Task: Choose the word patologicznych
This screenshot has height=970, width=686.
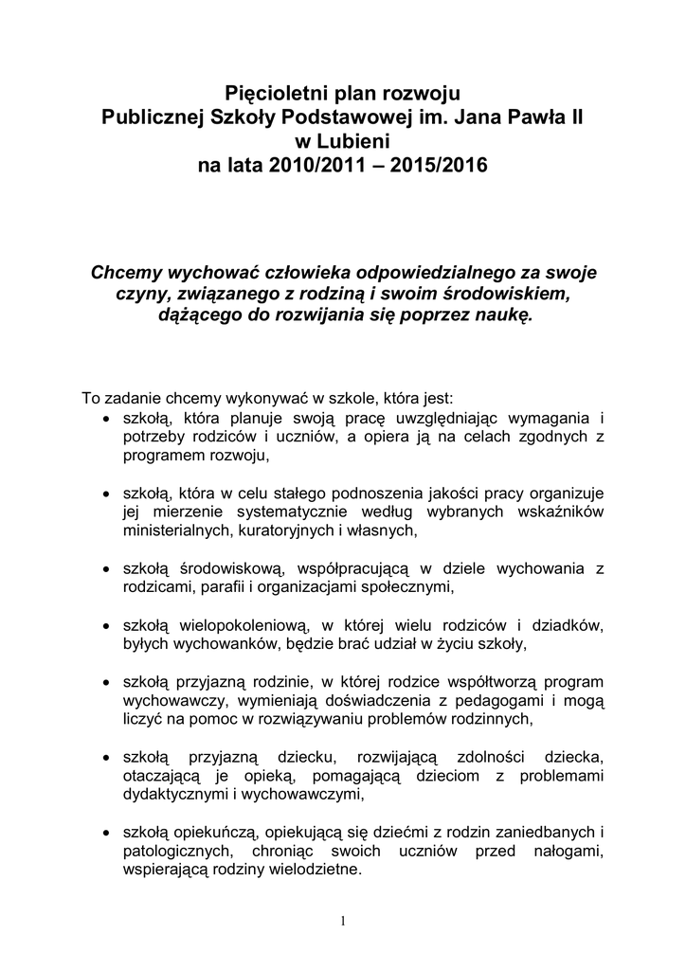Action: (181, 853)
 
